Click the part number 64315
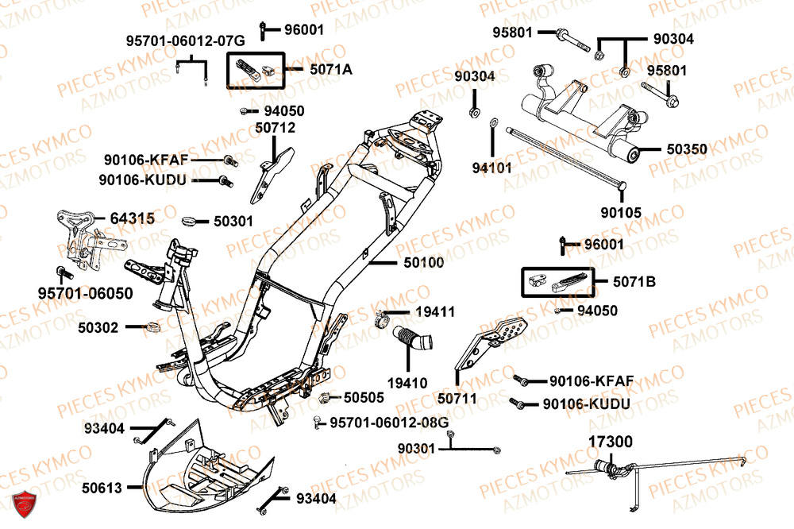(x=132, y=218)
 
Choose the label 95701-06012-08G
(x=389, y=421)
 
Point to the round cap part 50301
(x=191, y=220)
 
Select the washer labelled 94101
(x=493, y=123)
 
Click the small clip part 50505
(x=326, y=396)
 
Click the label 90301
(x=416, y=449)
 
